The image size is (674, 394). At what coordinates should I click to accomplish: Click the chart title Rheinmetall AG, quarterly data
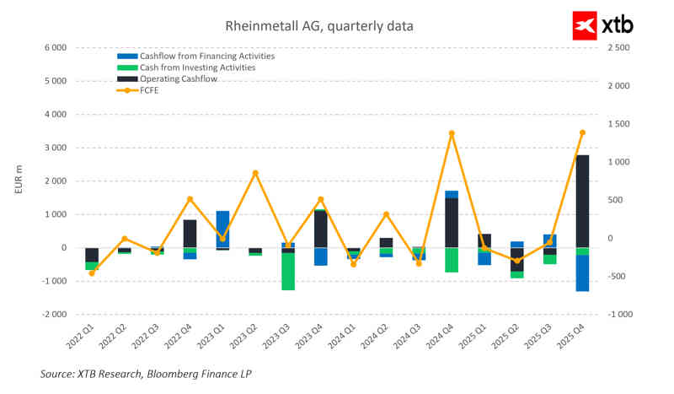pos(319,26)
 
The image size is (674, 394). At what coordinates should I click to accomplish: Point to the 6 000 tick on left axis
pos(54,48)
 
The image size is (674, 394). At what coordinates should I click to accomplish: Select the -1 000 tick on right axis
pos(618,314)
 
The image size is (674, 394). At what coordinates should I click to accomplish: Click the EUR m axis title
pos(18,181)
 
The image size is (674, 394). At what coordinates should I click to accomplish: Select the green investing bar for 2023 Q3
pos(288,271)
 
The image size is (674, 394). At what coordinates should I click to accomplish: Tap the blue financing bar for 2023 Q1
pos(222,229)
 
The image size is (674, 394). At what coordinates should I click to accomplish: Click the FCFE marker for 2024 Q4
pos(452,133)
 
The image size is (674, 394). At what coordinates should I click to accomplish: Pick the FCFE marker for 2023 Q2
pos(255,173)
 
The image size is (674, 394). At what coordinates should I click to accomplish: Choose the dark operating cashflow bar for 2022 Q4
pos(190,234)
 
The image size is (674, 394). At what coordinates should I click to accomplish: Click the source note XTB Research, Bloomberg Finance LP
pos(146,373)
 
